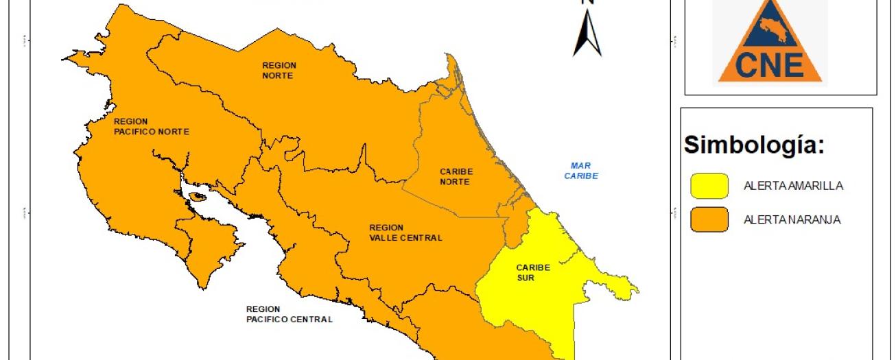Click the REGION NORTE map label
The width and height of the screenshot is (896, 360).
click(279, 70)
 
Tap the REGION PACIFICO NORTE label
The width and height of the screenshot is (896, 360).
click(151, 126)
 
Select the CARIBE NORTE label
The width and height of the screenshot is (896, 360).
click(456, 176)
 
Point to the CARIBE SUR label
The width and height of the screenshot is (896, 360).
click(533, 272)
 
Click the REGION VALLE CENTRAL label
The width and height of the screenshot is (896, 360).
click(405, 232)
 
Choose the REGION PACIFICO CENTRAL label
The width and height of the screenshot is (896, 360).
click(289, 314)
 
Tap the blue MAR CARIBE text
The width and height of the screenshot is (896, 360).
click(581, 170)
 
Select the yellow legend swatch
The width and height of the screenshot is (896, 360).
click(709, 185)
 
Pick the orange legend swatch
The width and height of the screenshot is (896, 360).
click(709, 220)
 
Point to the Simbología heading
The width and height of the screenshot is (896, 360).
click(753, 145)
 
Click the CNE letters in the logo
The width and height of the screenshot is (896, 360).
click(769, 65)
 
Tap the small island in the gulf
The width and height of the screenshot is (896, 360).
click(198, 196)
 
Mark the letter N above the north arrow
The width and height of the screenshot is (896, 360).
click(588, 2)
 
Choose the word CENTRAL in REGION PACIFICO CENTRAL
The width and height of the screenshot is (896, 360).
click(309, 319)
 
